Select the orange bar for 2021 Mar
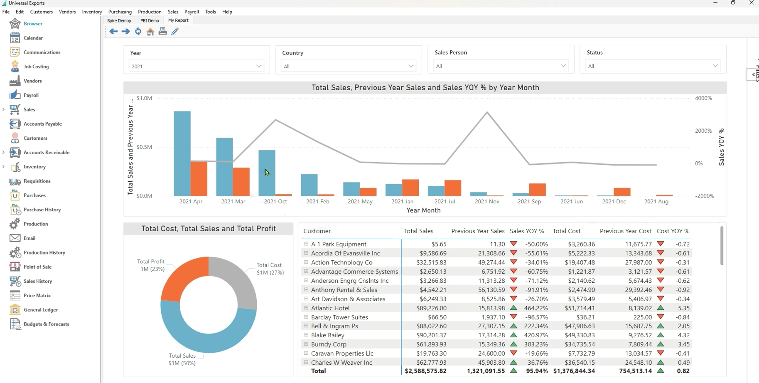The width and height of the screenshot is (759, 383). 241,182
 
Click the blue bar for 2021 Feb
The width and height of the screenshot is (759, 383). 309,185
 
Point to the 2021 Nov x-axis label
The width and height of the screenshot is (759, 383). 487,201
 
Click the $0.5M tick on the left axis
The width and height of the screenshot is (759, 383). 144,147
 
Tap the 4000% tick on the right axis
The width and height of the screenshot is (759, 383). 703,98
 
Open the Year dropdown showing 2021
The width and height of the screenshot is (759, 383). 196,66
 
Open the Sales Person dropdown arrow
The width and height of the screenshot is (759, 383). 563,66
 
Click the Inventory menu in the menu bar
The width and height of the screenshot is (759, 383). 92,12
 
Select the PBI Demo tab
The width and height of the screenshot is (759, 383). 150,20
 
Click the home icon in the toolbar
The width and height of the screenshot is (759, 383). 150,32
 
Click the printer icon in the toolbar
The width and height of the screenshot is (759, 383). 163,32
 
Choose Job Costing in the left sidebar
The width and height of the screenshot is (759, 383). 36,67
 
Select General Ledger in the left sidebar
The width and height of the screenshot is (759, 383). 41,310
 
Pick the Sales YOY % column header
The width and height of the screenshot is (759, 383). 527,231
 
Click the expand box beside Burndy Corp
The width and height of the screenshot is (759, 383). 306,344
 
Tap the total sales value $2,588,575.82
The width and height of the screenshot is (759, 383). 425,371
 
